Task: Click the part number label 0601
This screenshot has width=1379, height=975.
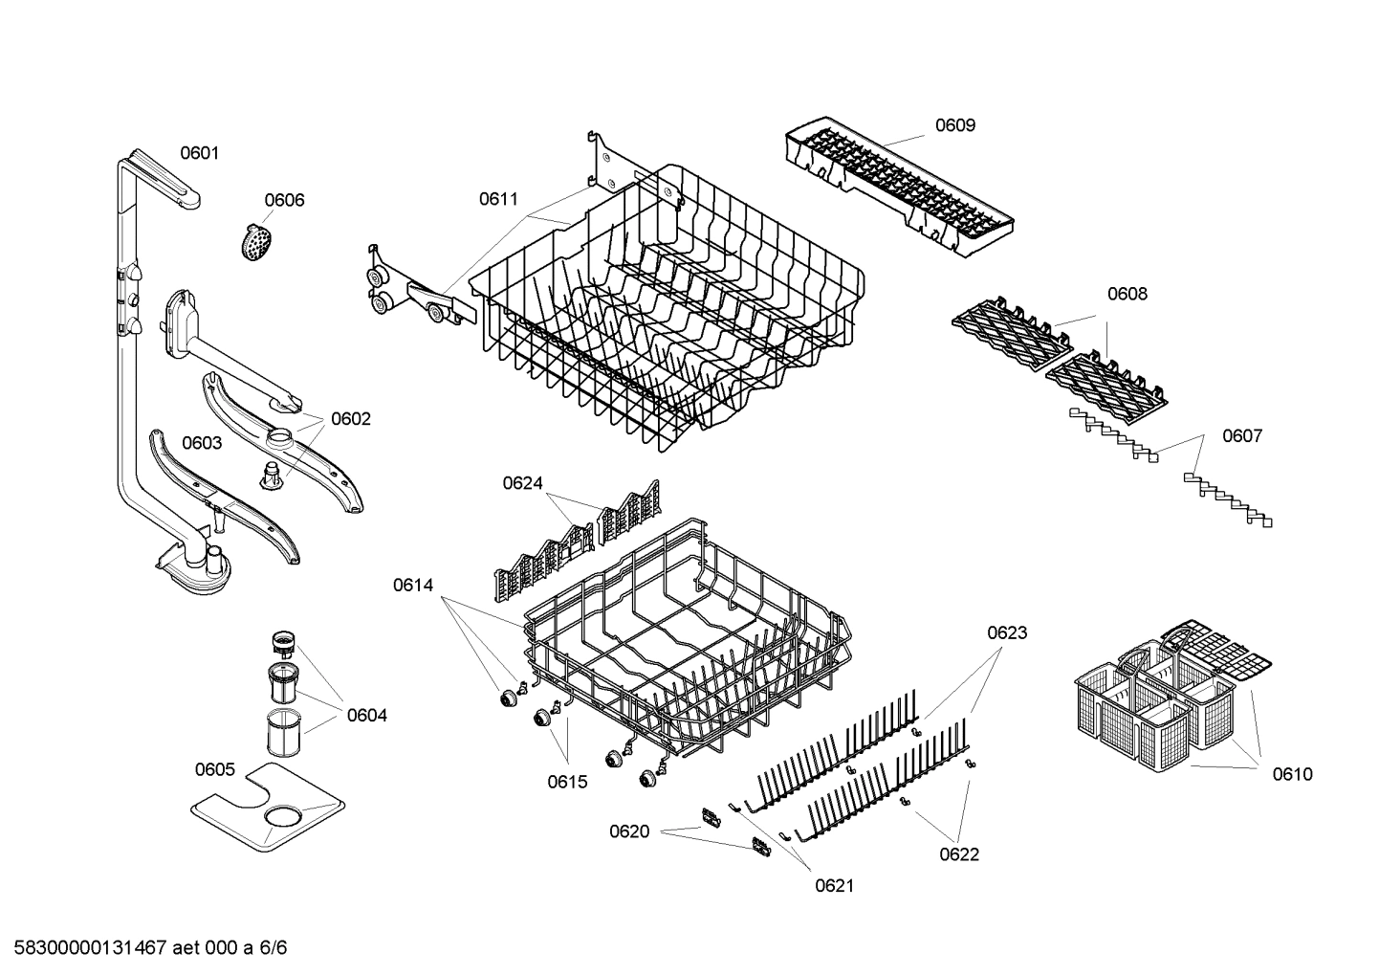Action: (200, 153)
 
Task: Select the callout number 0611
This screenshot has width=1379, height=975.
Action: (498, 199)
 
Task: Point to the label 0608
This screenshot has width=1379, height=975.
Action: (1127, 294)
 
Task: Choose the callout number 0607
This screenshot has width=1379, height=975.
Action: (1241, 436)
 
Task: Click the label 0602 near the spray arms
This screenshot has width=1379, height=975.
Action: (350, 419)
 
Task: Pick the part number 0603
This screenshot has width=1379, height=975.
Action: (202, 443)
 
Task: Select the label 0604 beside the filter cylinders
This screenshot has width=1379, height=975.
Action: (367, 715)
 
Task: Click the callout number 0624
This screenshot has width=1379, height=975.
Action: (523, 483)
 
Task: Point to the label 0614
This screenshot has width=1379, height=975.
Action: (412, 585)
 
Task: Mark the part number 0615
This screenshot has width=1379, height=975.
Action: (567, 782)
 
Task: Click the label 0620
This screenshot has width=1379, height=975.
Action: (629, 831)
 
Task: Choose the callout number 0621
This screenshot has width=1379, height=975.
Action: (834, 886)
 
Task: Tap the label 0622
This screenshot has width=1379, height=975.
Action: (958, 854)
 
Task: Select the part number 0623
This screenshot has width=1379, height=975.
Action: (1007, 632)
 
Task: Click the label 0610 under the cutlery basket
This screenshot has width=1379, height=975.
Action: (1292, 774)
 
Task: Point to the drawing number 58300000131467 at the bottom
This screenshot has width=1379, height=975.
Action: (85, 948)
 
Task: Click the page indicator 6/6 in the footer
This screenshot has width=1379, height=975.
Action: (274, 948)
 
